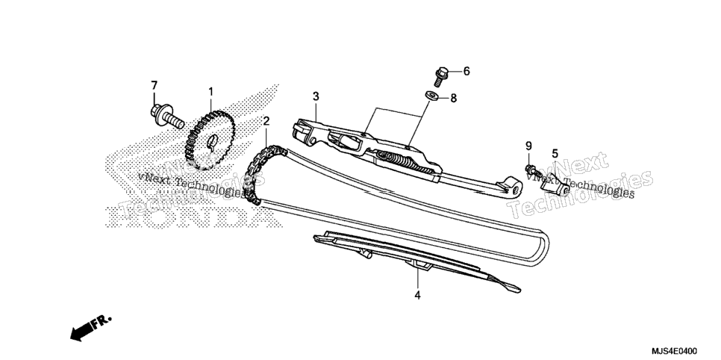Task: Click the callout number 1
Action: [x=210, y=92]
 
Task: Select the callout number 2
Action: [x=266, y=121]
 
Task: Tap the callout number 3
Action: [x=316, y=96]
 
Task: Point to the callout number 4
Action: [x=417, y=295]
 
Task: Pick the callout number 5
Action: [x=555, y=153]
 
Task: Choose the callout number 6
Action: [x=466, y=71]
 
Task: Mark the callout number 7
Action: [x=154, y=85]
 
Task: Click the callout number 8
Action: [x=453, y=98]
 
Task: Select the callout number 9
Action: [x=528, y=146]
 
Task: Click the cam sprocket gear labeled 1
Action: [x=210, y=140]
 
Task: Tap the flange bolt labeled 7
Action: [x=167, y=117]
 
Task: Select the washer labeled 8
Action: [x=431, y=96]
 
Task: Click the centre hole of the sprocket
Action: [x=212, y=141]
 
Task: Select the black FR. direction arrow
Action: [x=81, y=332]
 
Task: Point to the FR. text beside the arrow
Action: [x=102, y=321]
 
